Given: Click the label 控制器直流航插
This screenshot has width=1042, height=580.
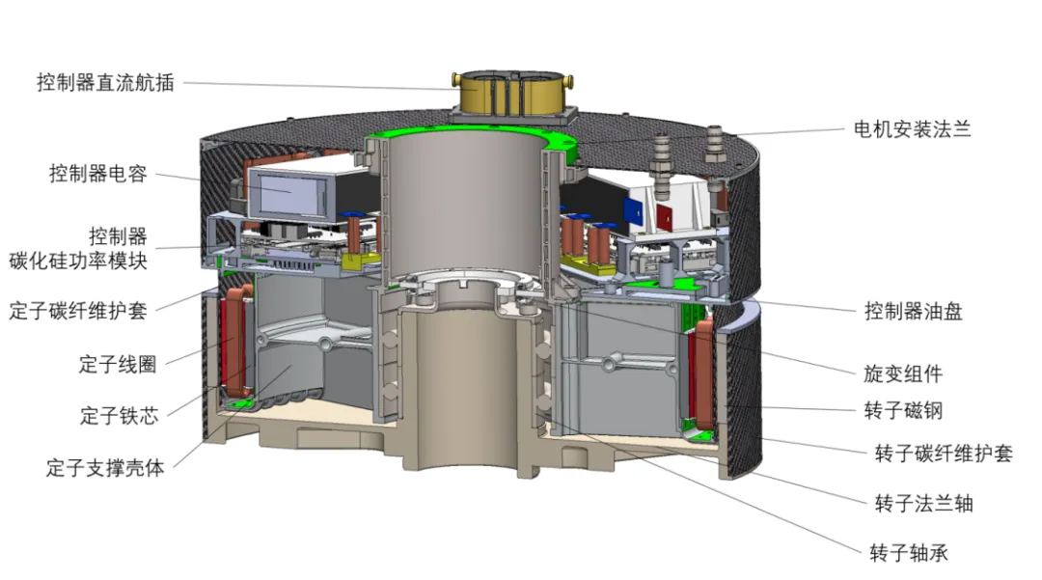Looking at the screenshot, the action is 105,83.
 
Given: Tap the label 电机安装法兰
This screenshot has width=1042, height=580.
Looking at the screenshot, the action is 913,129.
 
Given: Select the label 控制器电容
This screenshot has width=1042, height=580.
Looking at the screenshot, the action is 97,174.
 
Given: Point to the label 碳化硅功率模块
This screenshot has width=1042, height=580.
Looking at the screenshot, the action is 78,261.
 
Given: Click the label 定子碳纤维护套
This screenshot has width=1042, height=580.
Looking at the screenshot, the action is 78,310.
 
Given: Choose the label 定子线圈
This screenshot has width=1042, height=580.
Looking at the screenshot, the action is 118,364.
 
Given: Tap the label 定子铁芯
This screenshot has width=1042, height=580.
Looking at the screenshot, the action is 120,415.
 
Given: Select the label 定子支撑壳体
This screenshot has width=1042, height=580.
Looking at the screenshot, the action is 105,468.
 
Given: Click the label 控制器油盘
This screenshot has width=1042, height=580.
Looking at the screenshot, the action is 913,311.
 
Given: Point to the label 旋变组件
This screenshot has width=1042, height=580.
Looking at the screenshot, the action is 903,373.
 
